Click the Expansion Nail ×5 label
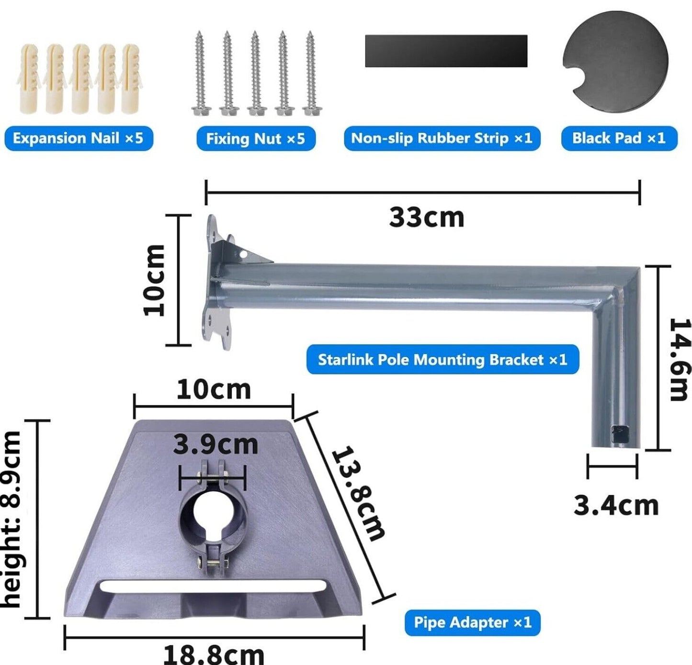click(x=79, y=138)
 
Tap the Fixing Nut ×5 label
click(x=256, y=139)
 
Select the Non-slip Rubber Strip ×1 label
click(x=442, y=138)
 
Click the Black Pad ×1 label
click(x=619, y=138)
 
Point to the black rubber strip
click(x=446, y=51)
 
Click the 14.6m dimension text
click(x=680, y=359)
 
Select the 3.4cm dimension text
click(x=616, y=506)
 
